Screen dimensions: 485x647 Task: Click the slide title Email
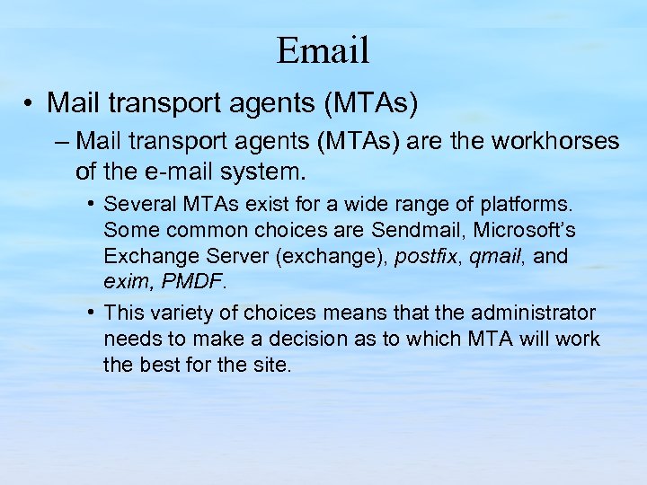pos(323,50)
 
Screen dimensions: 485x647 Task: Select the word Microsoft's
pos(534,231)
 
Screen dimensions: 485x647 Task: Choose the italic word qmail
pos(495,257)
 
